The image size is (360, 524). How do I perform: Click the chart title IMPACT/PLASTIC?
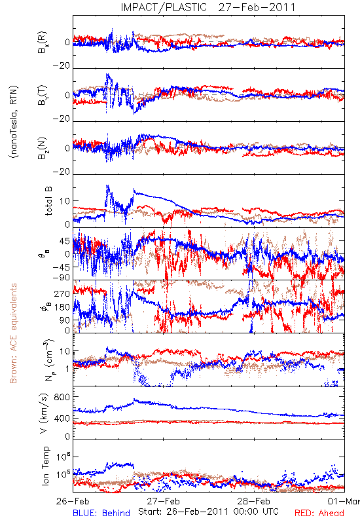pos(164,7)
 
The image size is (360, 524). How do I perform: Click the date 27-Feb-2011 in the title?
pos(257,7)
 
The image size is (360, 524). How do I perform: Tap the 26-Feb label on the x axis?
pos(73,501)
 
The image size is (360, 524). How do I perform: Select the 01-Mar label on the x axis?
pos(344,501)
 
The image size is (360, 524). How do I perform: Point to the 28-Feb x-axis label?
pos(254,501)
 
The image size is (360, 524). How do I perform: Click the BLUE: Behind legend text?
pos(101,513)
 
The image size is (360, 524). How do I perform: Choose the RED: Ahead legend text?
pos(319,513)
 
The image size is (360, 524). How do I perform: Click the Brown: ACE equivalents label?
pos(13,333)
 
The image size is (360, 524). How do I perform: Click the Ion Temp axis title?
pos(45,466)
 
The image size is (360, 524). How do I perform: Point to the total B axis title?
pos(48,201)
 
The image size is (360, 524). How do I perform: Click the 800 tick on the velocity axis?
pos(62,397)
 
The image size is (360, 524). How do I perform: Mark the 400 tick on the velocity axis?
pos(62,418)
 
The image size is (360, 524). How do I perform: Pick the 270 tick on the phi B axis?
pos(62,293)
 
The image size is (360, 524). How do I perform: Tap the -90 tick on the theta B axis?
pos(62,278)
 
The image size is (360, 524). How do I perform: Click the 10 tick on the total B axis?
pos(65,201)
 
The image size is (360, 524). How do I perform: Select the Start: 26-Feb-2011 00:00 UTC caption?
pos(208,512)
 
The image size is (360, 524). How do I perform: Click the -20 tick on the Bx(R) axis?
pos(62,66)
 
